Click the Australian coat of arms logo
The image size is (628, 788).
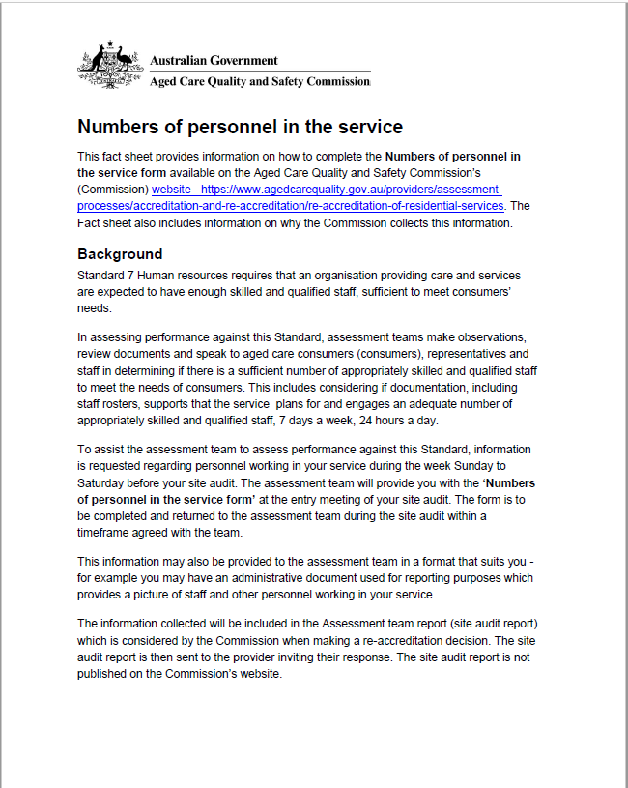109,65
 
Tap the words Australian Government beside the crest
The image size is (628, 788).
214,60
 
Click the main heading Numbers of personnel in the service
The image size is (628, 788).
240,127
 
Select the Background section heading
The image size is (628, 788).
120,254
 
